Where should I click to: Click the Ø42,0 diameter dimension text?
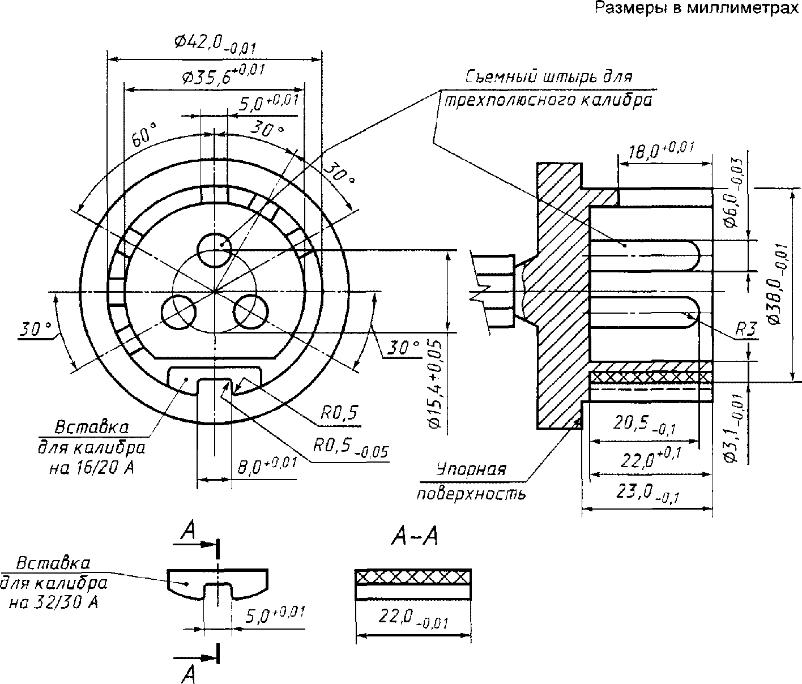click(215, 43)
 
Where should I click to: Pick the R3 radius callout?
click(746, 330)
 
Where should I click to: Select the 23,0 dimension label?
click(647, 494)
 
